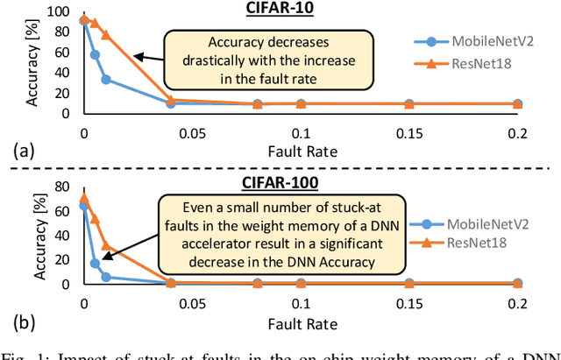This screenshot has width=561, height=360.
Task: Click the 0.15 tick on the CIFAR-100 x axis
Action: click(408, 300)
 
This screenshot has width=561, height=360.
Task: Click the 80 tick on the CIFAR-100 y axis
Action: click(61, 186)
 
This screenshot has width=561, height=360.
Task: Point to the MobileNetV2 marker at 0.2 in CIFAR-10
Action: click(517, 103)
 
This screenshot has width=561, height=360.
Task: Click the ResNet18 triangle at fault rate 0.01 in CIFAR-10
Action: click(105, 35)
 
